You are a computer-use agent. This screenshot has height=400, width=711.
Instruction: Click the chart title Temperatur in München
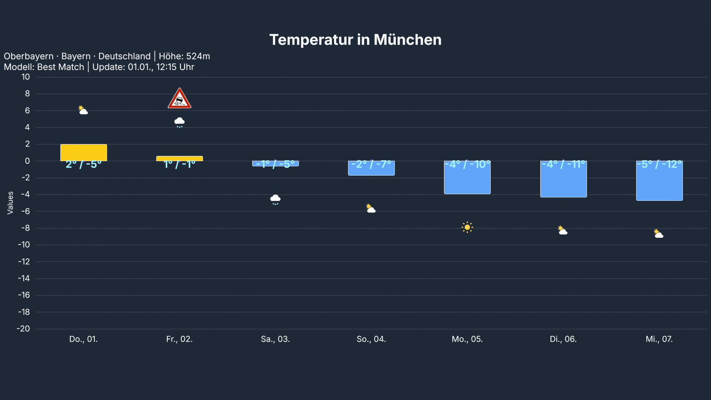355,40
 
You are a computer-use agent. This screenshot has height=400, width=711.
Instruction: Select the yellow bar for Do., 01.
84,152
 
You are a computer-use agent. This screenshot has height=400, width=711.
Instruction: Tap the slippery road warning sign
180,99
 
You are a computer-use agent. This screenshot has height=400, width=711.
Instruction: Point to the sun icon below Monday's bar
467,228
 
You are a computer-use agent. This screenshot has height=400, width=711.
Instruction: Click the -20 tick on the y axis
24,329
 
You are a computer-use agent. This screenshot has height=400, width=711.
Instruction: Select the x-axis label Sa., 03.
275,339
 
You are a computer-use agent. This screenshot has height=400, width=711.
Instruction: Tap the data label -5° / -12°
659,164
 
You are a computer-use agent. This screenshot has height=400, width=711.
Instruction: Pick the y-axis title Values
10,203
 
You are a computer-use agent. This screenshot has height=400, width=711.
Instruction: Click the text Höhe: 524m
184,56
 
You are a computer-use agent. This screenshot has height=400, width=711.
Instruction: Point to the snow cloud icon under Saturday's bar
275,199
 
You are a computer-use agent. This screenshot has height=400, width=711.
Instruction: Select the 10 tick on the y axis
26,77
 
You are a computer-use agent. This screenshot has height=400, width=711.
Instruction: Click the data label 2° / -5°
84,164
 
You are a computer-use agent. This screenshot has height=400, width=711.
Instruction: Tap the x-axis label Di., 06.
563,339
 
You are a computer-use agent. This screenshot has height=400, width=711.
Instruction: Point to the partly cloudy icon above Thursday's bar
83,110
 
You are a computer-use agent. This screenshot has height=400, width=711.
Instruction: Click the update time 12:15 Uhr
175,67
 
